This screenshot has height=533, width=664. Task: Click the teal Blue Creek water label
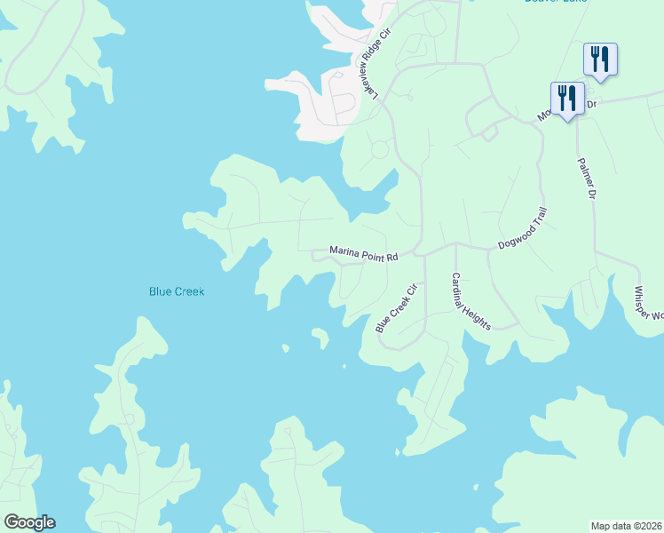[x=176, y=290]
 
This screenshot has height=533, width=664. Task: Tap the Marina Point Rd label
[x=364, y=253]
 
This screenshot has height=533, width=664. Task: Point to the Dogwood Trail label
[x=523, y=230]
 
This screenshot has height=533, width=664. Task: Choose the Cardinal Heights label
[x=470, y=300]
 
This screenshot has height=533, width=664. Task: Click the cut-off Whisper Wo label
[x=647, y=302]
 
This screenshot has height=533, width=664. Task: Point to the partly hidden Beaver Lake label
[x=557, y=3]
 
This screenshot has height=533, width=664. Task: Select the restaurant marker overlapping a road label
[x=567, y=98]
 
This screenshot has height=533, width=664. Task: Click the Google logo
[x=28, y=522]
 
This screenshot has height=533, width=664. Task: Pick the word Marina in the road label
[x=344, y=252]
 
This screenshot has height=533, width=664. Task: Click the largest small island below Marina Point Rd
[x=320, y=337]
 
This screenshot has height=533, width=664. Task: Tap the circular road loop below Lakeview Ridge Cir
[x=379, y=149]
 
